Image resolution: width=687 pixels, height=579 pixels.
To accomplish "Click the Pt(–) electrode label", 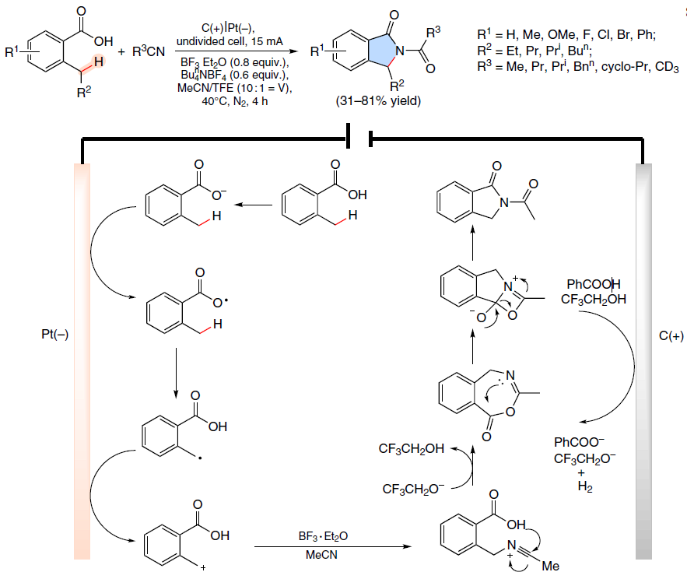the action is (54, 335).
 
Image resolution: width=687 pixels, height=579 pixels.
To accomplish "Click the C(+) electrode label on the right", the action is (671, 335).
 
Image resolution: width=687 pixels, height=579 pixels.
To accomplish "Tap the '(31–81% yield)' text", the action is (378, 101).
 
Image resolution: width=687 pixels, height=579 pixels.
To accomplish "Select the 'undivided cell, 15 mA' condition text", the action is (230, 42).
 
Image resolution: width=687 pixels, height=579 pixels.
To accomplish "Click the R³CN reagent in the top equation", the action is (148, 51).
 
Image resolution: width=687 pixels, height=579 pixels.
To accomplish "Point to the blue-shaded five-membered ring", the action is (381, 51).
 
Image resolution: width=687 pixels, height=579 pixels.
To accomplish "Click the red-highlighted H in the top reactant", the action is (98, 61).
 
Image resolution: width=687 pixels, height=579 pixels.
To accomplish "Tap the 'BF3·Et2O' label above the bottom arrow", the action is (323, 536).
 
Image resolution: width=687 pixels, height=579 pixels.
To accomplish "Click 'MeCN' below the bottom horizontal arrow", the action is (321, 555).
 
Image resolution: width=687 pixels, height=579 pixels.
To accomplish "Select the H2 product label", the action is (585, 486).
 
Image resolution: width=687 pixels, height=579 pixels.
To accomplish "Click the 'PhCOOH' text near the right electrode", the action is (594, 285).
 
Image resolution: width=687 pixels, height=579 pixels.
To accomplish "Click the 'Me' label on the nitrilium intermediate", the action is (550, 567).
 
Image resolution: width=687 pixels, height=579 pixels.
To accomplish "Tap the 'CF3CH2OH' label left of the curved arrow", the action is (412, 449).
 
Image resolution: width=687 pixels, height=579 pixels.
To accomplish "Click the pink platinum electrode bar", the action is (82, 362).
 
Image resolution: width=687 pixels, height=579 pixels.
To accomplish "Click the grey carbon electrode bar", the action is (643, 362).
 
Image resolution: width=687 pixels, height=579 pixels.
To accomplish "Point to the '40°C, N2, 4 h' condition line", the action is (235, 102).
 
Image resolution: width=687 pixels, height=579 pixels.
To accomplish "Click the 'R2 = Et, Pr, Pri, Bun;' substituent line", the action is (535, 51).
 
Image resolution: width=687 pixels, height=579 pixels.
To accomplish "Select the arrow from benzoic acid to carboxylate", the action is (253, 205).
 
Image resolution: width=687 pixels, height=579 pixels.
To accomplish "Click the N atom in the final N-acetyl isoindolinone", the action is (504, 202).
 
